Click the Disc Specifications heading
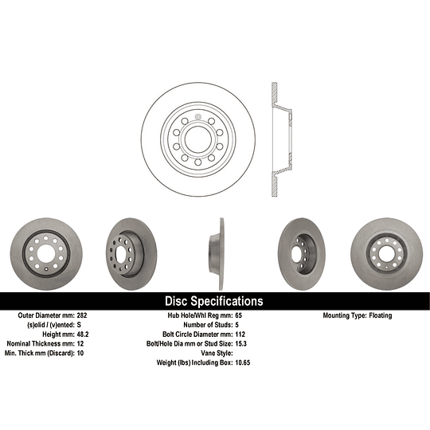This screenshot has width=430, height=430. (x=213, y=302)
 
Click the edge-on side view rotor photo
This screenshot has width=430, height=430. (x=215, y=253)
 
